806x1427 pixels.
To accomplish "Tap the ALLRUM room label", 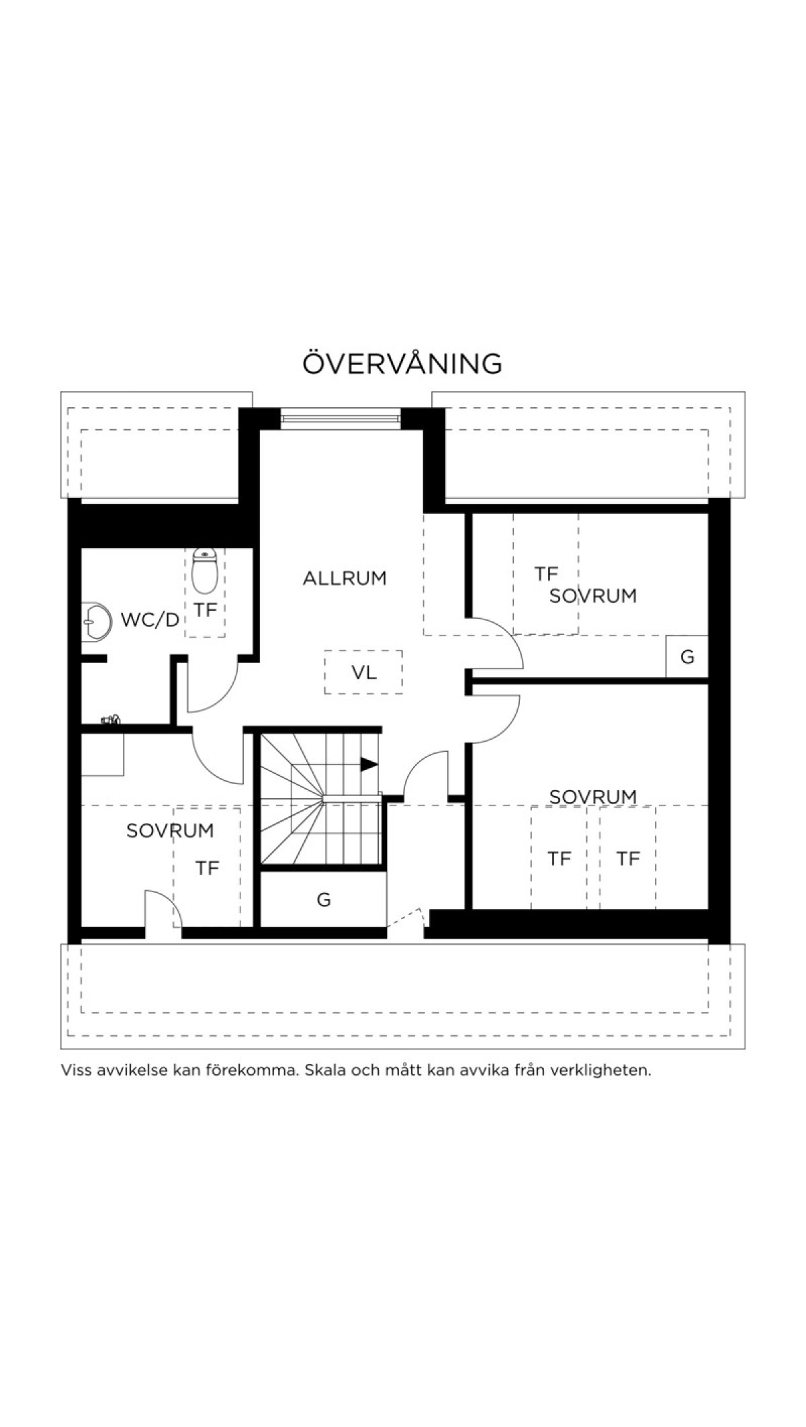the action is pos(345,578).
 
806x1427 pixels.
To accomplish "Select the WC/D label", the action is pos(150,619).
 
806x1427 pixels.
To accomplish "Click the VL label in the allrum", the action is pos(364,672).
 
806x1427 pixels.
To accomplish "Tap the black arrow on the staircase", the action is pos(369,764).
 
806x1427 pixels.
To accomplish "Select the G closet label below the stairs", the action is pos(324,900).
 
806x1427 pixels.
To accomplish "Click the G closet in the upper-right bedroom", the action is pos(687,656).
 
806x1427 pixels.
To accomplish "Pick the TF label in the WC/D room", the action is pos(206,610).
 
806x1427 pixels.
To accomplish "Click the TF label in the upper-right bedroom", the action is pos(547,574).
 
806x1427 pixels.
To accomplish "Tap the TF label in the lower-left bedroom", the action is pos(208,868).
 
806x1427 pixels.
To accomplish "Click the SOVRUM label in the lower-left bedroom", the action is pos(170,830).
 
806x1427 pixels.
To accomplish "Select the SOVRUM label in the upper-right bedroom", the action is pos(593,596).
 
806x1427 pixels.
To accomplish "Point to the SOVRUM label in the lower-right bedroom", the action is pos(593,797).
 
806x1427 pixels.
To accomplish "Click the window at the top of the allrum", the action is pos(341,418).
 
